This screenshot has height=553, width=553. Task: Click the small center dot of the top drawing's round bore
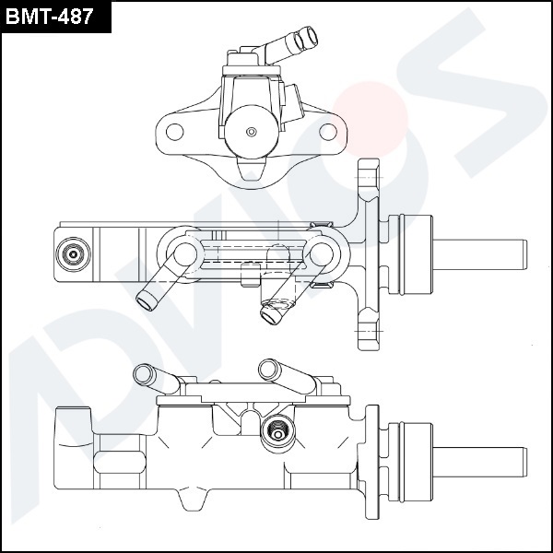251,132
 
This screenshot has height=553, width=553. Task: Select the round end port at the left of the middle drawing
72,253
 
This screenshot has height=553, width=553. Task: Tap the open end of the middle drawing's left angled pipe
144,297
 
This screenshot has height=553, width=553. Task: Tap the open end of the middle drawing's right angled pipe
269,316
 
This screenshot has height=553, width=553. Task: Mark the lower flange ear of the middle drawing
367,332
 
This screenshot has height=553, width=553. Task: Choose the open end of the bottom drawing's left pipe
142,372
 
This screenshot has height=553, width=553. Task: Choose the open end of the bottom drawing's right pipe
268,368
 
